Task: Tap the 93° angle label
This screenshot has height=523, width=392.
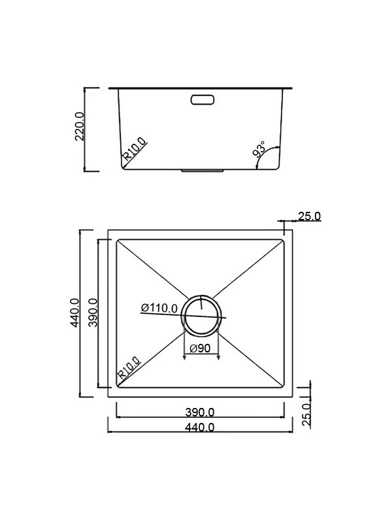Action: (x=259, y=150)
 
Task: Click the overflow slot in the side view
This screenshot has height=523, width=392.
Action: (x=203, y=99)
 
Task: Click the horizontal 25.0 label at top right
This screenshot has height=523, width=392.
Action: (x=309, y=216)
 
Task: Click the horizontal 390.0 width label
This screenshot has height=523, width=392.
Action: (x=199, y=412)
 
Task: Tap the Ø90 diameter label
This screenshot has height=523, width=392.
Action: (x=199, y=348)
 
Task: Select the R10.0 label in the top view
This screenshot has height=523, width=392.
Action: (x=129, y=367)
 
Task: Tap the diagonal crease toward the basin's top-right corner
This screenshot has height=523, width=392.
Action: (x=252, y=269)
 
